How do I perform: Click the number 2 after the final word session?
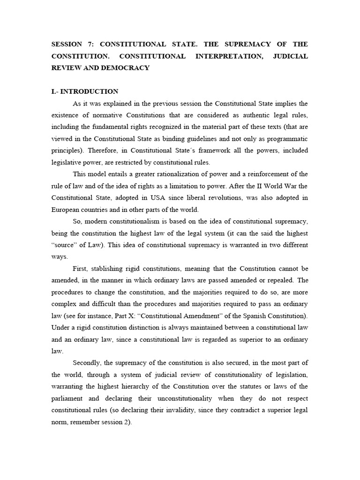coord(128,421)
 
